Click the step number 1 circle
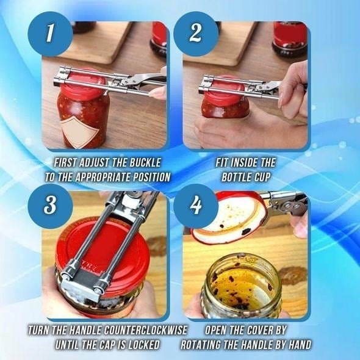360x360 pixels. tap(51, 34)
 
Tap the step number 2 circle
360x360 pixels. tap(195, 34)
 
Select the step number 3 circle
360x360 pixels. tap(51, 206)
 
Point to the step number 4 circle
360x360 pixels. tap(195, 206)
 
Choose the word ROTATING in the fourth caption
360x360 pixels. tap(206, 345)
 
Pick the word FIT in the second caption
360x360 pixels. tap(223, 164)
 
